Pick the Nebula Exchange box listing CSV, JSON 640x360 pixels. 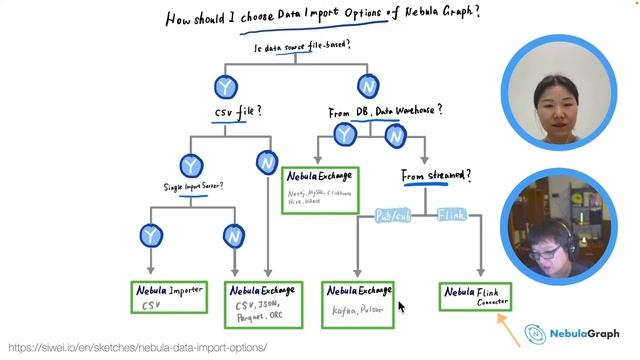pos(265,304)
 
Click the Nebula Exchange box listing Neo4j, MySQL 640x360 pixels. pos(320,190)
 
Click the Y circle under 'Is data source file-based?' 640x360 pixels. pos(227,88)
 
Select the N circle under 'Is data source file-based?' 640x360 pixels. pos(367,87)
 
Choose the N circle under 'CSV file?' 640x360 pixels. pos(266,161)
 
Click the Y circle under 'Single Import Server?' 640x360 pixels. pos(151,235)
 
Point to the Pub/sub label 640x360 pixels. pos(392,215)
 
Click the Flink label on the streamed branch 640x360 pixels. pos(453,215)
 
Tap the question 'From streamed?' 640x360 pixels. pos(436,176)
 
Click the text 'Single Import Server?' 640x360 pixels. pos(193,187)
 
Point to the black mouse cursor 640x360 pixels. pos(401,306)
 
